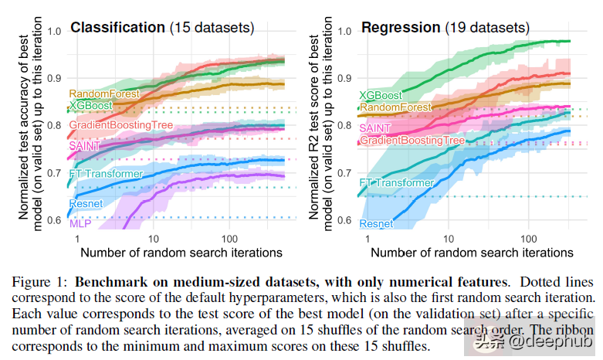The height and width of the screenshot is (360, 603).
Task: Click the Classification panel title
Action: (117, 28)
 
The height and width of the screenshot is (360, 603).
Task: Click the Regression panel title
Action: (400, 28)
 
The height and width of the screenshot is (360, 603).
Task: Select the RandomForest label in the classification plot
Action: (103, 93)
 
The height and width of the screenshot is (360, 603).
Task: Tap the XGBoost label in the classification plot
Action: (90, 105)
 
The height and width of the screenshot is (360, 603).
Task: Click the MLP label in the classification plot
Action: (80, 223)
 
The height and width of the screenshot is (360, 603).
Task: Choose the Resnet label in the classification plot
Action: (86, 204)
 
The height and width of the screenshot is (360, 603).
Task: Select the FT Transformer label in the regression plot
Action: (397, 184)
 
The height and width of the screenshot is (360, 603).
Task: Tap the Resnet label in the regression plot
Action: (376, 223)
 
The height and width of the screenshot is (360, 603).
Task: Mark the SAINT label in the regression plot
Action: (375, 127)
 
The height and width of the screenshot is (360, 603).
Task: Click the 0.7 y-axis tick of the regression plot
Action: (344, 172)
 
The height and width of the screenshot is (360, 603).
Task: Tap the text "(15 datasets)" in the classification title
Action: (211, 28)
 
